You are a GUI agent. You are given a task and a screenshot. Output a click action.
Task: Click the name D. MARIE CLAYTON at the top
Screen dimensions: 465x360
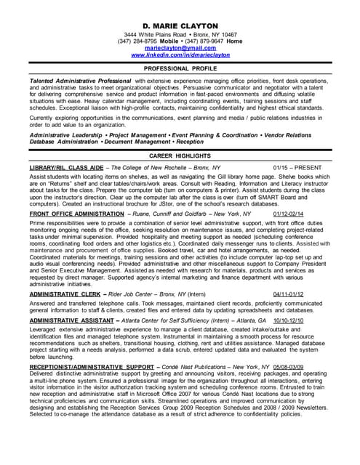tap(180, 25)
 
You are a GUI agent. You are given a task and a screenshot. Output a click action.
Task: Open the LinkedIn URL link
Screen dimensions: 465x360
tap(180, 55)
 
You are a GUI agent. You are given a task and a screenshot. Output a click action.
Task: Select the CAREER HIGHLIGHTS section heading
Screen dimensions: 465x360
tap(180, 155)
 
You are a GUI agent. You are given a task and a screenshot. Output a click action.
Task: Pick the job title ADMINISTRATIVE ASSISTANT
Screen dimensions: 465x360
tap(71, 320)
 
